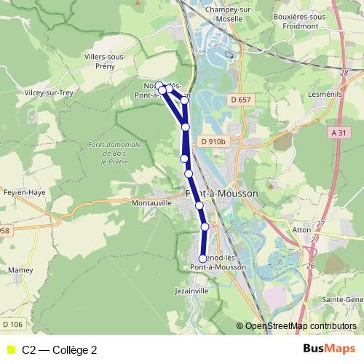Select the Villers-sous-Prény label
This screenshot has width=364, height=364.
click(106, 60)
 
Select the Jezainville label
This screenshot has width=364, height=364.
click(191, 290)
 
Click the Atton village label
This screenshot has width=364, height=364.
click(301, 229)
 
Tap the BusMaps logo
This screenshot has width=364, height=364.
click(329, 349)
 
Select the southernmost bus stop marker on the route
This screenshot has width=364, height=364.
click(202, 258)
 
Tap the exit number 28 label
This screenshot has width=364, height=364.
click(344, 74)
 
